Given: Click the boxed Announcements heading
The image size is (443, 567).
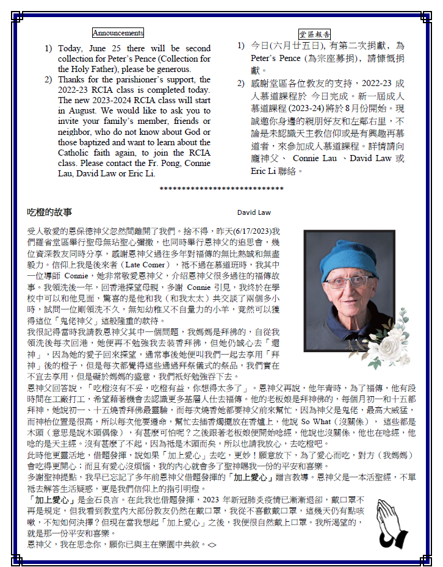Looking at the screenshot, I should click(x=118, y=33).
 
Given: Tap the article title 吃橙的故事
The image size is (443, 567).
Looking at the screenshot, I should click(x=49, y=212).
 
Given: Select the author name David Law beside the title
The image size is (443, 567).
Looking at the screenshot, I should click(x=254, y=213).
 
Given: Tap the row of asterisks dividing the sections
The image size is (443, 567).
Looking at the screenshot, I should click(x=222, y=189).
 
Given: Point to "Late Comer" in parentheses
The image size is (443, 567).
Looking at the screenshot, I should click(x=143, y=265).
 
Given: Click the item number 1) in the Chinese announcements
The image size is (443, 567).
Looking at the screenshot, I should click(x=241, y=46).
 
